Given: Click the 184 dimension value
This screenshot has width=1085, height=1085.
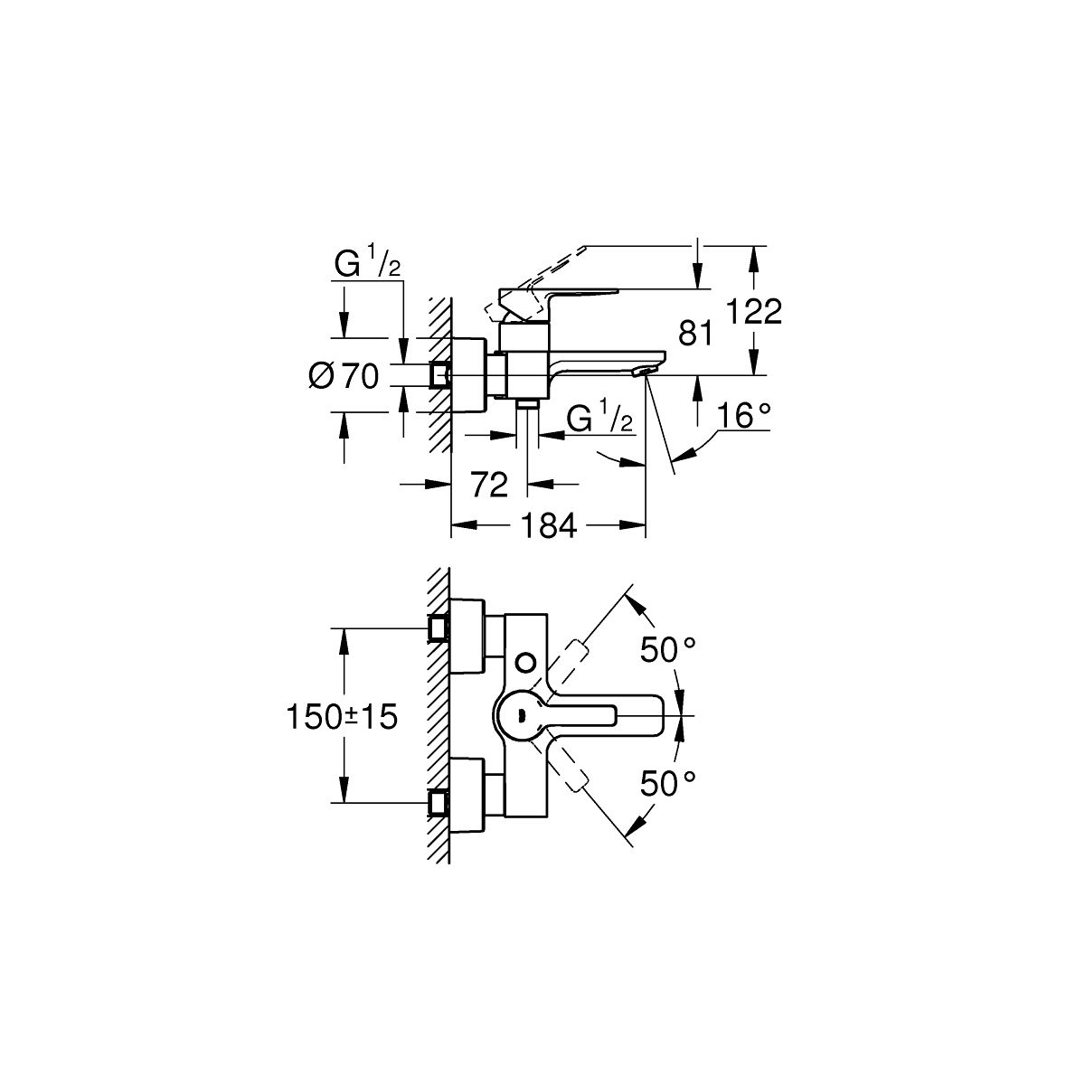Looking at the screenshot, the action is click(549, 526).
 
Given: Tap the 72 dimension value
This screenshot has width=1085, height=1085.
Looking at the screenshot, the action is click(489, 484).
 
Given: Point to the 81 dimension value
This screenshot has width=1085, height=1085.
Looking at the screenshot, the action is click(695, 333).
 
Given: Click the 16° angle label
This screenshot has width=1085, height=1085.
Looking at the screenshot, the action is click(744, 416).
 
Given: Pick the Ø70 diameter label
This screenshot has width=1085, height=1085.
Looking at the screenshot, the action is click(344, 375).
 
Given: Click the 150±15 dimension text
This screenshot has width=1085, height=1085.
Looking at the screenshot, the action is click(343, 717).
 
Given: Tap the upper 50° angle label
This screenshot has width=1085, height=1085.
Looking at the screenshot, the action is click(668, 650).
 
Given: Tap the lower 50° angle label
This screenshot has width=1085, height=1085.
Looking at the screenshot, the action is click(668, 784).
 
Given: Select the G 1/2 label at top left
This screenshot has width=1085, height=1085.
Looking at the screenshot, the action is click(367, 264).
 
